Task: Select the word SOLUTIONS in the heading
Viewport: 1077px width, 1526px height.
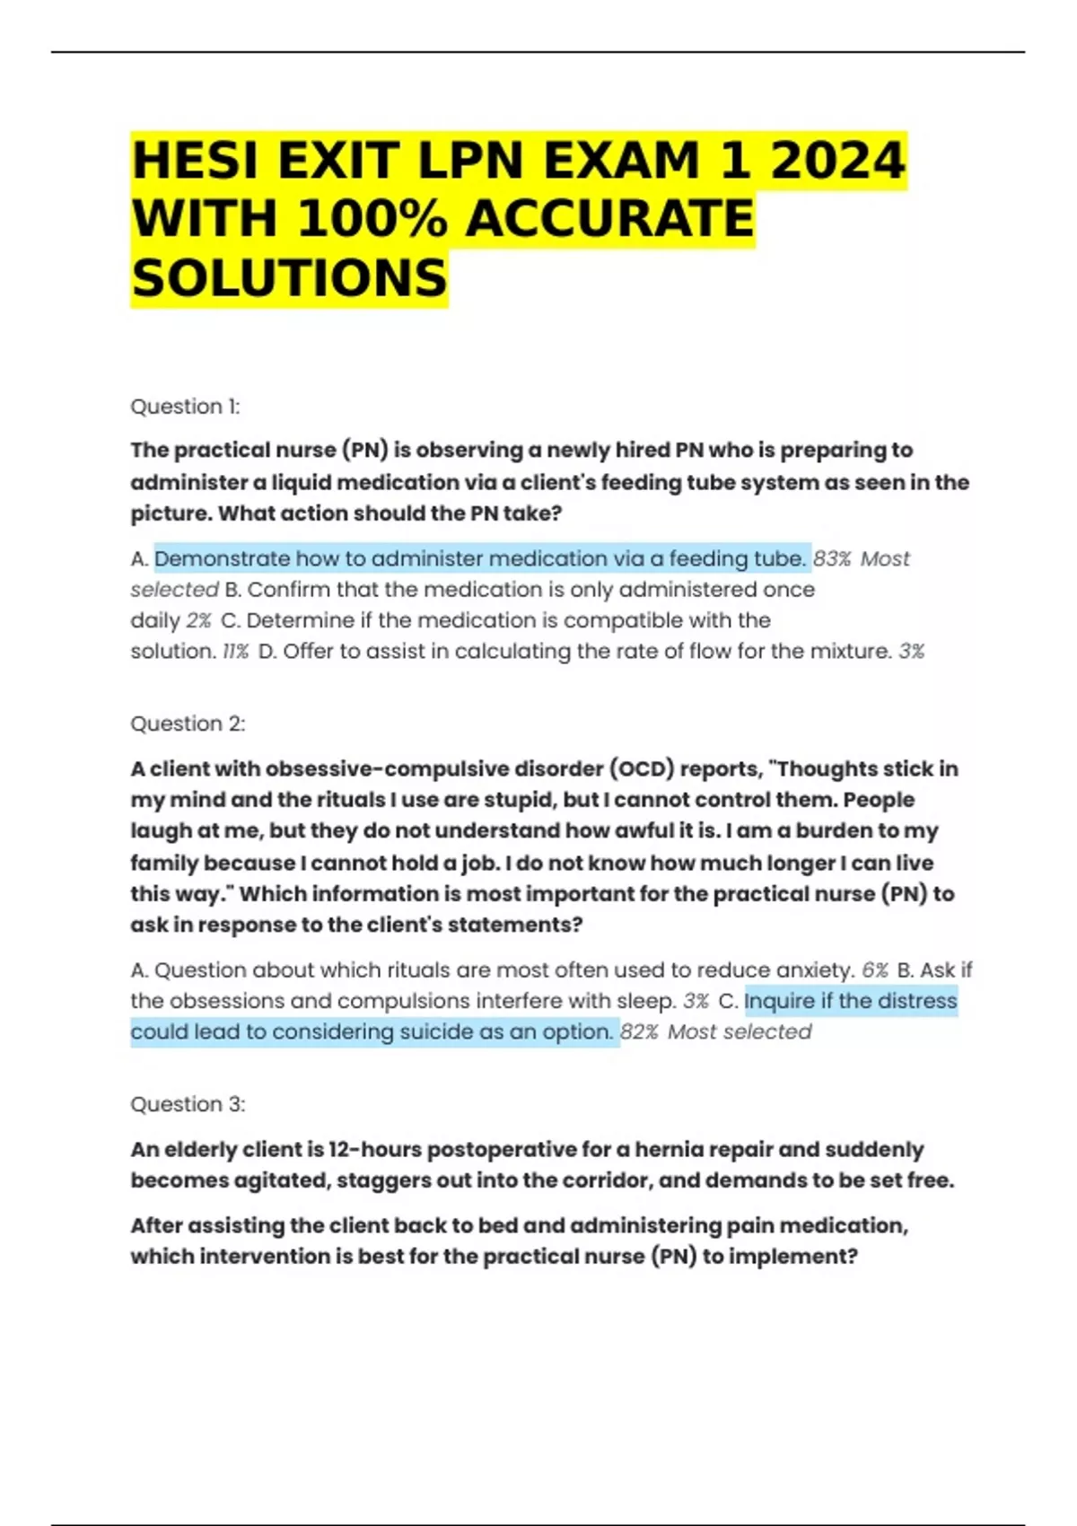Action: (x=289, y=278)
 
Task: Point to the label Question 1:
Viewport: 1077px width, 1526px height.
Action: (x=185, y=407)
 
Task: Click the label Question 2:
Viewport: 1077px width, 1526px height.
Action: (x=188, y=724)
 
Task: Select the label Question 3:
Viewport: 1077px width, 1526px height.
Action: (x=188, y=1104)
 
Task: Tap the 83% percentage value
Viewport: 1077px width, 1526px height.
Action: (x=832, y=558)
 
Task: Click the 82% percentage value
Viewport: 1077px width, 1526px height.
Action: (x=639, y=1031)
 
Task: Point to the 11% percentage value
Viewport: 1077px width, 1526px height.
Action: (x=235, y=651)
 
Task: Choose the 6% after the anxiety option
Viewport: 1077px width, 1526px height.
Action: (x=875, y=969)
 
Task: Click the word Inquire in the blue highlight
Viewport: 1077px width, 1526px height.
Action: (x=780, y=1000)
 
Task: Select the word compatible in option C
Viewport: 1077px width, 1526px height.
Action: (x=608, y=620)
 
